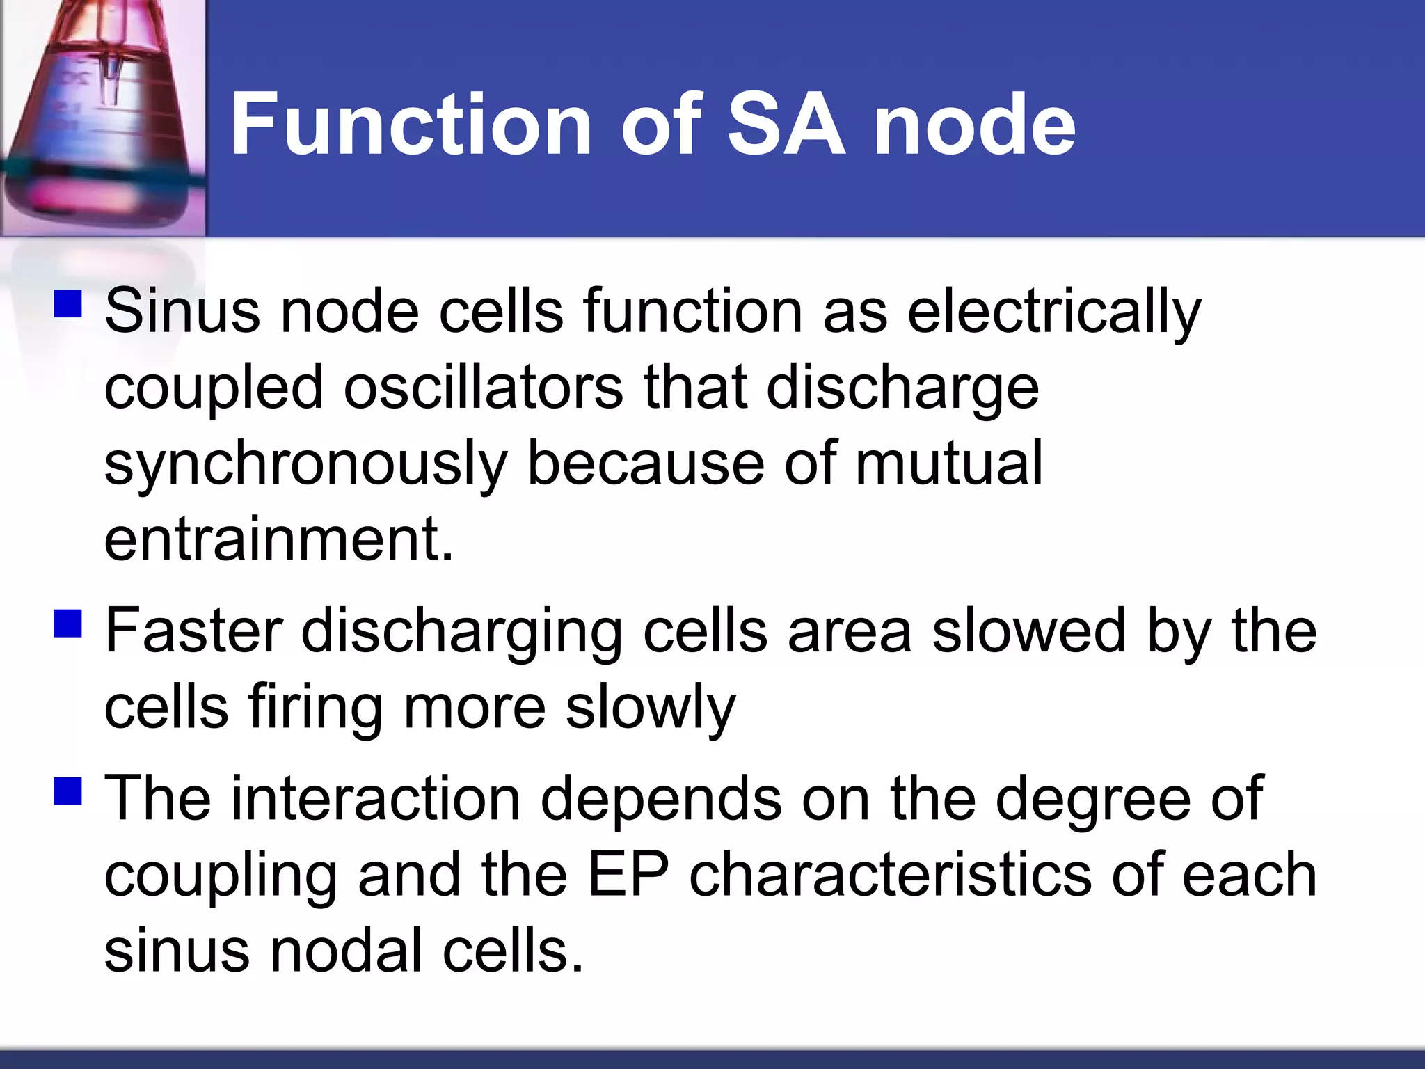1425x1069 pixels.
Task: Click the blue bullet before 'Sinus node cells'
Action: [68, 303]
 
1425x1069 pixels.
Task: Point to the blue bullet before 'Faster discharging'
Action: [68, 623]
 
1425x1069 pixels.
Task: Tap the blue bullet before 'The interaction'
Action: [68, 791]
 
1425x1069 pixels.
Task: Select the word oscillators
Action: [484, 388]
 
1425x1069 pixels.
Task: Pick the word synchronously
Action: [305, 465]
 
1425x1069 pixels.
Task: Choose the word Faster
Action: [193, 631]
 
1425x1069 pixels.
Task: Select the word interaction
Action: [376, 798]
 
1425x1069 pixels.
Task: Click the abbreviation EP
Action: [628, 875]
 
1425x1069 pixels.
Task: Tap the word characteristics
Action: [890, 875]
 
